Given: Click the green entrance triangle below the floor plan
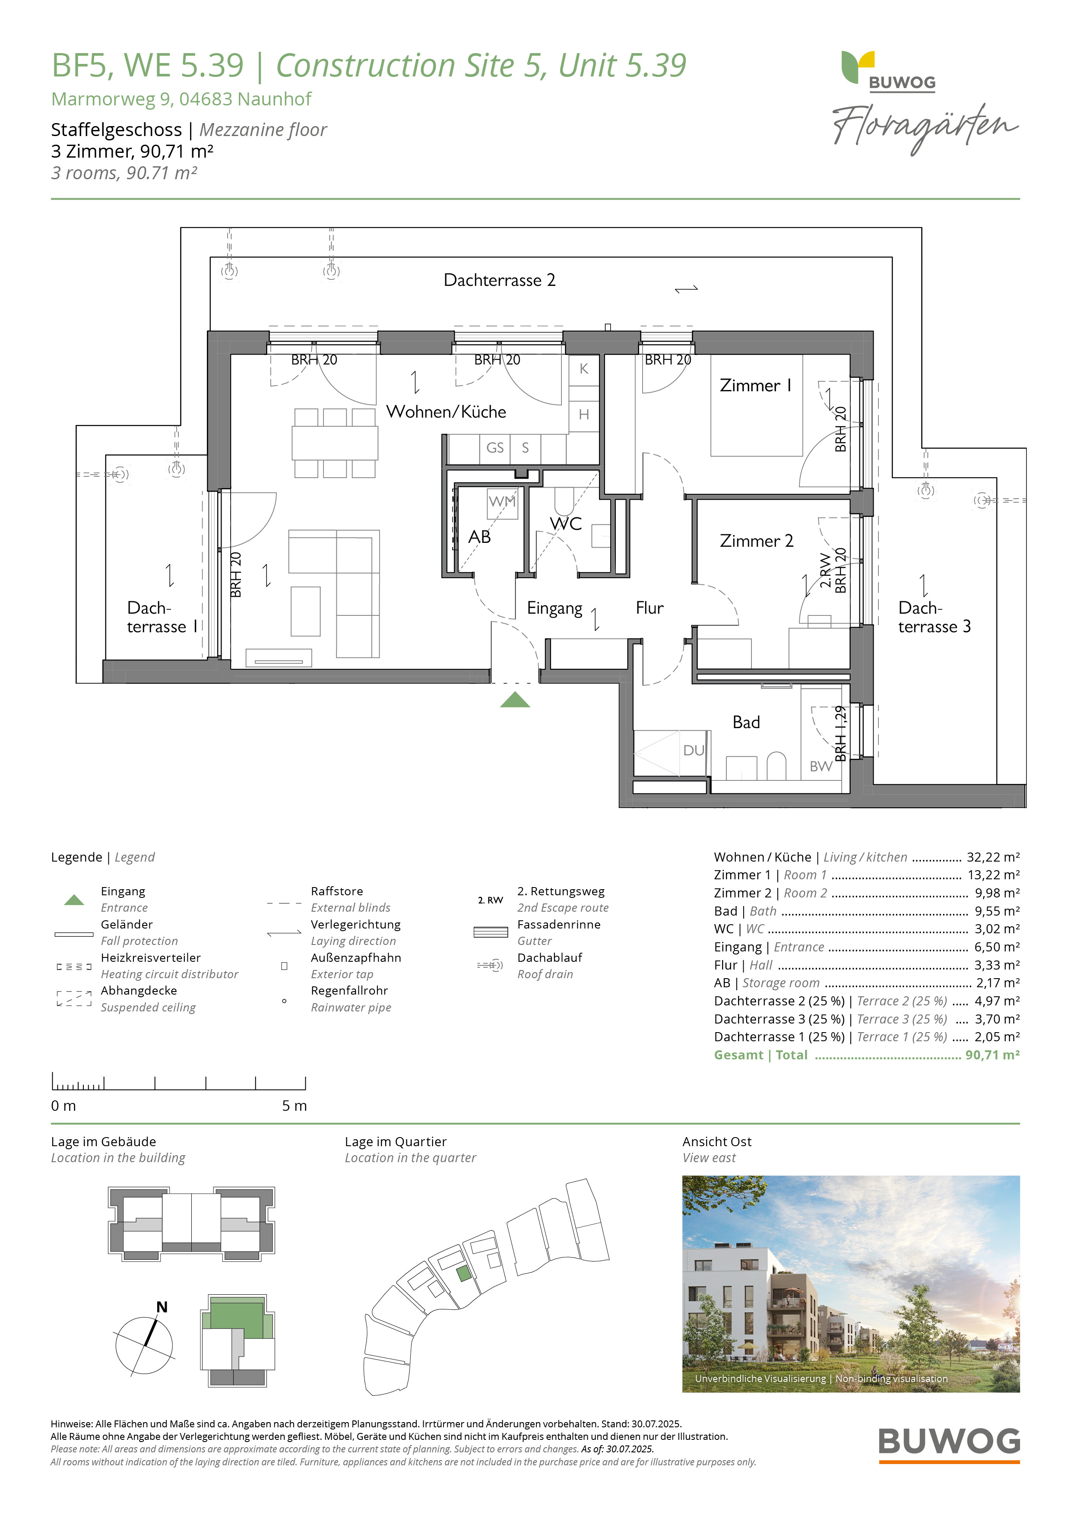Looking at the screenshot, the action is click(x=515, y=700).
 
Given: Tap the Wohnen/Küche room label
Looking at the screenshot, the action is click(x=446, y=412).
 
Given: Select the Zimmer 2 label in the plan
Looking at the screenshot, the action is click(x=756, y=541).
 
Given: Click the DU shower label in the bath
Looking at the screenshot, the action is click(x=694, y=750).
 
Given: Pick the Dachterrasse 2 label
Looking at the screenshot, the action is click(x=500, y=280).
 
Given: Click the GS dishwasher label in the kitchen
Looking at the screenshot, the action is click(x=495, y=448).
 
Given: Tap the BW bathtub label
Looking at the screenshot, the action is click(x=821, y=766).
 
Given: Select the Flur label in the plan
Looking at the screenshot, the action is click(x=650, y=608).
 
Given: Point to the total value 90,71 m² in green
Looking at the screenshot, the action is click(x=992, y=1055).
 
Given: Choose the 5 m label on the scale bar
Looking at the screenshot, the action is click(x=295, y=1106).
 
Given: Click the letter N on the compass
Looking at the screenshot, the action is click(x=162, y=1307).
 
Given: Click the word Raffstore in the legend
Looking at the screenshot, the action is click(x=336, y=891).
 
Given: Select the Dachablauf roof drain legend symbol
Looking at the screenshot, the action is click(x=490, y=965).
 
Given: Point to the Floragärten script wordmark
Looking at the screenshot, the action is click(x=925, y=128).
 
